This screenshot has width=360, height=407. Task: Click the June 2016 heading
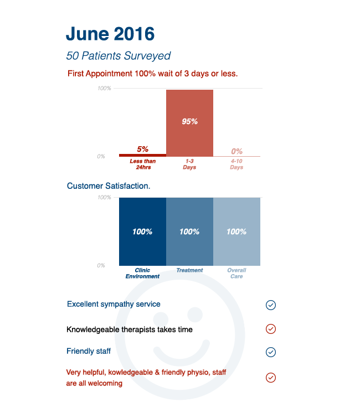(110, 34)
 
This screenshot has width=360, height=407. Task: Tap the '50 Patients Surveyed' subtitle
(118, 56)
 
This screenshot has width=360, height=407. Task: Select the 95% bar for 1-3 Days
(189, 122)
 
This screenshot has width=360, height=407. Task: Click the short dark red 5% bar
(142, 155)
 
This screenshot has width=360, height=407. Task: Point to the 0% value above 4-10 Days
(237, 151)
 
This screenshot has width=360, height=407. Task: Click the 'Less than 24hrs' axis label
(143, 164)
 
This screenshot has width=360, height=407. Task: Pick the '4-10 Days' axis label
(236, 164)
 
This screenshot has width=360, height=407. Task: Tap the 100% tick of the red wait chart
(104, 89)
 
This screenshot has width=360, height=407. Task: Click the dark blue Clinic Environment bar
(142, 231)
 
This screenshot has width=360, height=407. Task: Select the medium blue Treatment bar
(189, 231)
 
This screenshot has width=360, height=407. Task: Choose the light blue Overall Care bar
(236, 231)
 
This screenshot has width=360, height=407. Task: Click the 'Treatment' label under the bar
(189, 271)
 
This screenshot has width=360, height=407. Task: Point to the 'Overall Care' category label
(236, 274)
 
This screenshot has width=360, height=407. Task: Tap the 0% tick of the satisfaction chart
(101, 266)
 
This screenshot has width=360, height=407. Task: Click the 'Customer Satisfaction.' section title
(109, 186)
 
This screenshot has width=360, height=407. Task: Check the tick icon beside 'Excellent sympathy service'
(271, 305)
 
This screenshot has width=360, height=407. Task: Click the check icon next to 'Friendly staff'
(271, 352)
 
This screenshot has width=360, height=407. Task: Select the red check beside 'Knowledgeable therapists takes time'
(271, 329)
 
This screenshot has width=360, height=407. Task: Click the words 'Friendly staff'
(89, 351)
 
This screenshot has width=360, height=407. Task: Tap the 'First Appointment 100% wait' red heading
(152, 73)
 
